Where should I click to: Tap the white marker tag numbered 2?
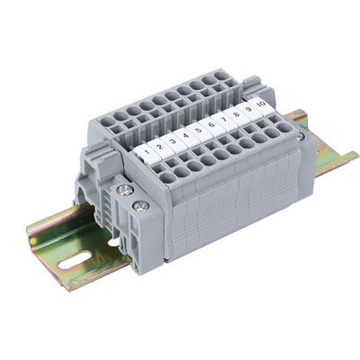pyautogui.click(x=159, y=148)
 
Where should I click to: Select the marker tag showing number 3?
pyautogui.click(x=172, y=142)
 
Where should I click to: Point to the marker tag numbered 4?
pyautogui.click(x=185, y=137)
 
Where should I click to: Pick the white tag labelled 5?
pyautogui.click(x=198, y=130)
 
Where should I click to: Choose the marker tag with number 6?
pyautogui.click(x=211, y=125)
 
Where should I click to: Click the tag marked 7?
pyautogui.click(x=223, y=120)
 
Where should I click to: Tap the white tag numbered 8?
pyautogui.click(x=236, y=114)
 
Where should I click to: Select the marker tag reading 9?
pyautogui.click(x=248, y=109)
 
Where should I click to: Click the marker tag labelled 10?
pyautogui.click(x=261, y=103)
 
